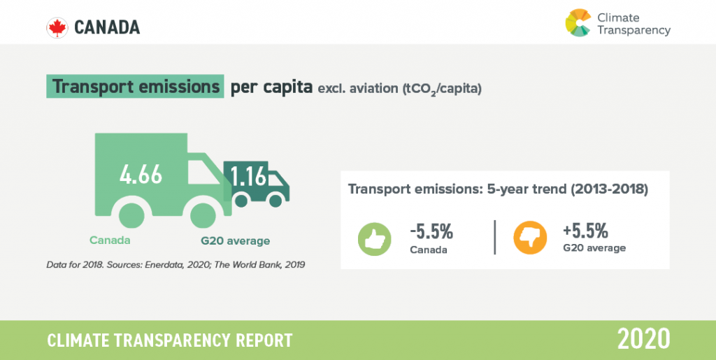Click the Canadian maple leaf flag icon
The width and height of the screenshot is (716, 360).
[57, 28]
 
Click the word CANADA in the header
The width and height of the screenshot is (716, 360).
[107, 28]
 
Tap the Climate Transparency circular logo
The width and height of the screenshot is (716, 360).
[578, 22]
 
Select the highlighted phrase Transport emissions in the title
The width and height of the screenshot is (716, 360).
[135, 86]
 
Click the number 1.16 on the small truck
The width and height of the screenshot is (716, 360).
[249, 176]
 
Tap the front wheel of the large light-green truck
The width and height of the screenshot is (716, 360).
[203, 215]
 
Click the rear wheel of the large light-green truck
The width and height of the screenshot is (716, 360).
[131, 215]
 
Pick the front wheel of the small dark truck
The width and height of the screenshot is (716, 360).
[275, 201]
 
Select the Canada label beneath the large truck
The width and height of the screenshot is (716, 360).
[110, 240]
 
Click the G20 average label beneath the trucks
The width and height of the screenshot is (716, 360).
[235, 240]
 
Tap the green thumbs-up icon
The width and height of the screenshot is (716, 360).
[375, 238]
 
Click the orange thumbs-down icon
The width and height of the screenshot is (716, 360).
[530, 238]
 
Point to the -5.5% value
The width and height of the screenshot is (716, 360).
[431, 232]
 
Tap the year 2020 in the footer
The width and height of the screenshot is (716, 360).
[644, 340]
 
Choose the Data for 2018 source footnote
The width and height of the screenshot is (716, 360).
[176, 265]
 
